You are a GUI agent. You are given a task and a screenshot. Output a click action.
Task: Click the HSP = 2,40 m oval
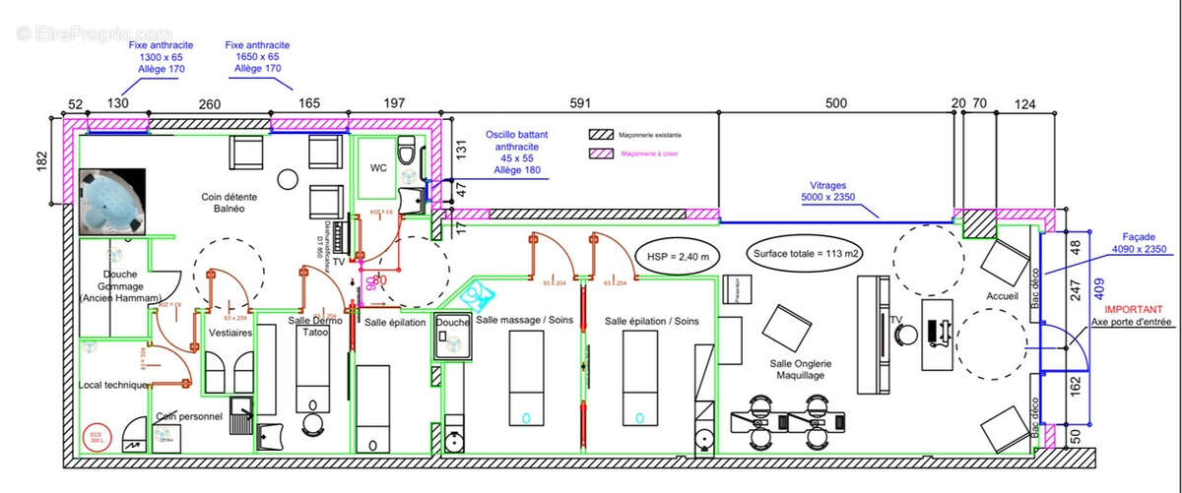(x=678, y=256)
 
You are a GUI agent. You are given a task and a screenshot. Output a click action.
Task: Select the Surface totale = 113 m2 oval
(x=807, y=254)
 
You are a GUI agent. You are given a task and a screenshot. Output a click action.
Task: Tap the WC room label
(x=378, y=168)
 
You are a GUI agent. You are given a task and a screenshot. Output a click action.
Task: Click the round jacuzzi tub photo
(x=110, y=202)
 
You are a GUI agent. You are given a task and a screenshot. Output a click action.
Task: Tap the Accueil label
(x=1001, y=296)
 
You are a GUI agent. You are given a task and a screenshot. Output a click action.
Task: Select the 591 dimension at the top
(x=581, y=103)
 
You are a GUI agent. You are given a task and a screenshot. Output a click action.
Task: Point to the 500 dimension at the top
(x=835, y=103)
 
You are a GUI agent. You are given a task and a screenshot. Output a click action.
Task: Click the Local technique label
(x=112, y=385)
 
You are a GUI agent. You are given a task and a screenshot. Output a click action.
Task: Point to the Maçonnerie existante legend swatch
(x=600, y=134)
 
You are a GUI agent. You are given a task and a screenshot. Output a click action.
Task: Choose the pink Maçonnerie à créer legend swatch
(x=600, y=154)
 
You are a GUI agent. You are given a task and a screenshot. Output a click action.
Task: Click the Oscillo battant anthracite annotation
(x=515, y=152)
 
